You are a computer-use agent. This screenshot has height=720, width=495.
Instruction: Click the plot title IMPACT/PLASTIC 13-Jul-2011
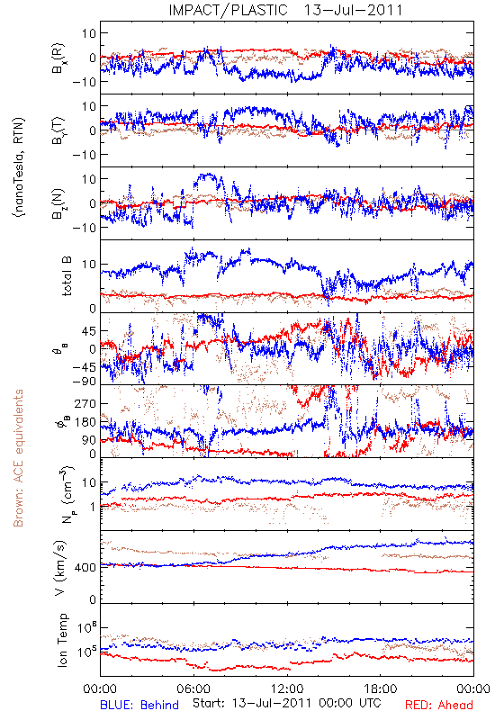click(x=285, y=10)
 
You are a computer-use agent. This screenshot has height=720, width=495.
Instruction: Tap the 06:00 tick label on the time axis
click(x=193, y=688)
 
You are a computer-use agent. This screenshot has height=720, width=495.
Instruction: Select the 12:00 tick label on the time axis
click(x=287, y=688)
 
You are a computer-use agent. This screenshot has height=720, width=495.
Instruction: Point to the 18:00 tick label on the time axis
click(x=381, y=688)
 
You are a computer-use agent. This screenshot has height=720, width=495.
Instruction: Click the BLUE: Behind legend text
click(x=139, y=705)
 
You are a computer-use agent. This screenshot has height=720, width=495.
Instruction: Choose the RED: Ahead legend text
click(x=439, y=705)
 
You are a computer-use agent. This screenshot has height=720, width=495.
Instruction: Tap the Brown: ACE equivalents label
click(x=17, y=458)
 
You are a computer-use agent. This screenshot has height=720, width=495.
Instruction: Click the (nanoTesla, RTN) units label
click(x=19, y=166)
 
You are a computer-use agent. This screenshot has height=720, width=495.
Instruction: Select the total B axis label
click(x=67, y=276)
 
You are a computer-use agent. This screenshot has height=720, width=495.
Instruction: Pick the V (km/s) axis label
click(x=61, y=568)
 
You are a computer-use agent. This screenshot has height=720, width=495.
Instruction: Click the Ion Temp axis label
click(x=62, y=640)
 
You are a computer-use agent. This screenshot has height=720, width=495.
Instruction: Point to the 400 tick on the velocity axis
click(x=85, y=568)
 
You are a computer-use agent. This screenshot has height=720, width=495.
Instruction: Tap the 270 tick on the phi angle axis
click(x=85, y=403)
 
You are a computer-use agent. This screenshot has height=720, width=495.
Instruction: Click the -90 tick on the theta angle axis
click(x=84, y=382)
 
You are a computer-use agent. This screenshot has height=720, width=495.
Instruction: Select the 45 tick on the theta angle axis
click(x=89, y=331)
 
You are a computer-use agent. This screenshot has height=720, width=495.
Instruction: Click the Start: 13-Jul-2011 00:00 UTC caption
click(x=287, y=703)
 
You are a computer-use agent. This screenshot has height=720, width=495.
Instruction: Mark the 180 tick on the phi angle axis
click(x=85, y=422)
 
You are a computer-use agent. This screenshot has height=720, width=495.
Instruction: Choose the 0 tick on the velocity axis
click(x=93, y=599)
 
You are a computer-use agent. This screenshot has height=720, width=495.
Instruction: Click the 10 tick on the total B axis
click(x=89, y=265)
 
